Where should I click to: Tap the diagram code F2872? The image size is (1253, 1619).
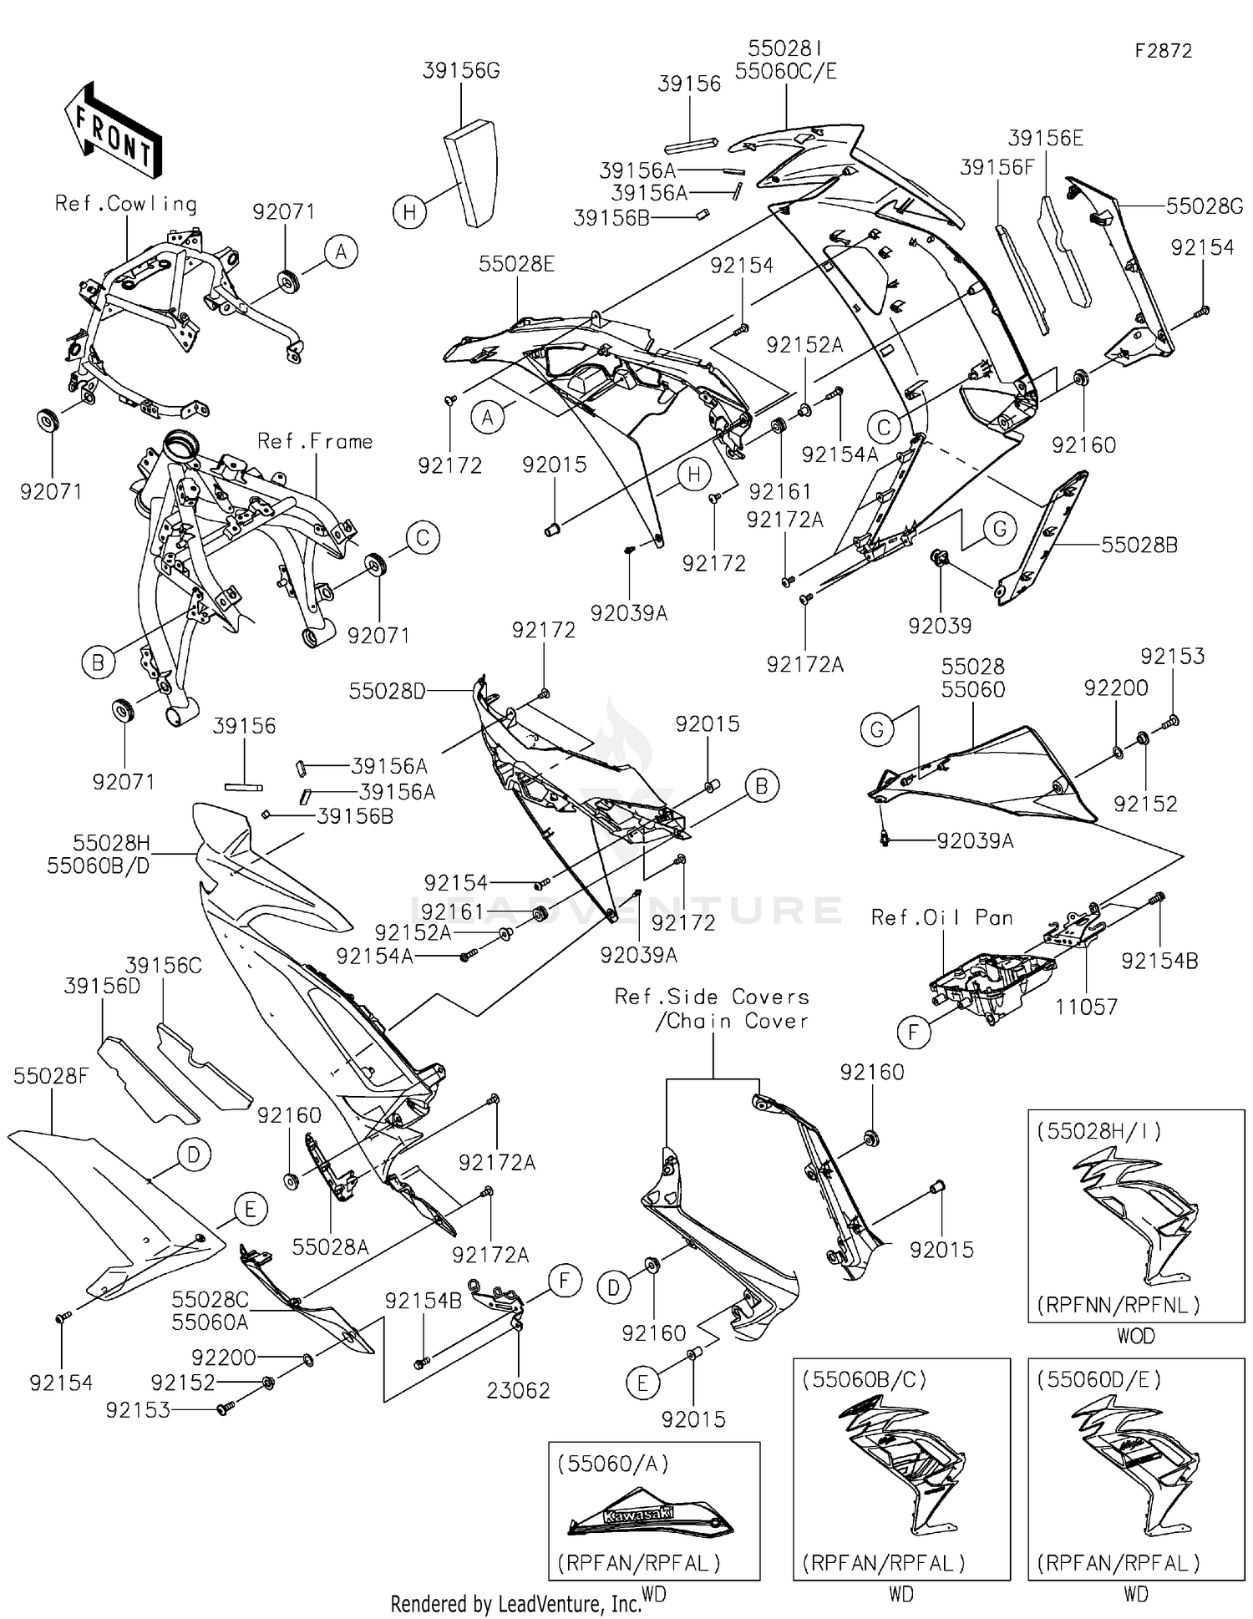coord(1163,51)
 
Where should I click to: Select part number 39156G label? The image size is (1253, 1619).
coord(461,71)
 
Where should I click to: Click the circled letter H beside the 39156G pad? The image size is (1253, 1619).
coord(409,212)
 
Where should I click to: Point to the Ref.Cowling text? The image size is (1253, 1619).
coord(125,204)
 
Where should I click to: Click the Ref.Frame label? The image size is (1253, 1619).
coord(315,441)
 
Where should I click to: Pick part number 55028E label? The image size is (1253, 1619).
coord(516,265)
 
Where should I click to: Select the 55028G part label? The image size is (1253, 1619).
coord(1205,206)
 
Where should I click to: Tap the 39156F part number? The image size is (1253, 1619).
coord(997,167)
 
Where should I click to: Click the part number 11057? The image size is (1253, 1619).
coord(1086,1007)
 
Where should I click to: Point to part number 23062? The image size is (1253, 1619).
coord(518,1390)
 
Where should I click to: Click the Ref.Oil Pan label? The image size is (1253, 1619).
coord(941,917)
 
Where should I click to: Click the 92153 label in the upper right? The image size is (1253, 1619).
coord(1172,657)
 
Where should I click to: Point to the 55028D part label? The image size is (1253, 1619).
coord(387,691)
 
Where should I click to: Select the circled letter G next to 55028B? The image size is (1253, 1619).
coord(999,529)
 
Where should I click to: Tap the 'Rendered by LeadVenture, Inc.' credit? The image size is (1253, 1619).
coord(515,1603)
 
